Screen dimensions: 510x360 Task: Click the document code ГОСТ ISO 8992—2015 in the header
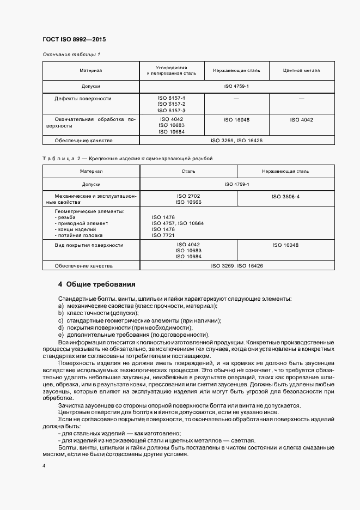click(74, 39)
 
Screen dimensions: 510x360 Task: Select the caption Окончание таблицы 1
click(71, 54)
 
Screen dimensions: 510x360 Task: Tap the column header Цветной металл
click(302, 71)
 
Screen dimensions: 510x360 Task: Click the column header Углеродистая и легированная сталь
click(172, 70)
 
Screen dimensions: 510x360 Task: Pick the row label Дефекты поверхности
click(83, 99)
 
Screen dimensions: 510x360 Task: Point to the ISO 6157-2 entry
click(172, 104)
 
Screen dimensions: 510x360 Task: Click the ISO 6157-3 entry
click(172, 110)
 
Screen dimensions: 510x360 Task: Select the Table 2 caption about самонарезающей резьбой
click(127, 158)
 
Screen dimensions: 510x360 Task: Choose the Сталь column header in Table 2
click(188, 171)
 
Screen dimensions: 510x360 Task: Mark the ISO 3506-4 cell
click(285, 196)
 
